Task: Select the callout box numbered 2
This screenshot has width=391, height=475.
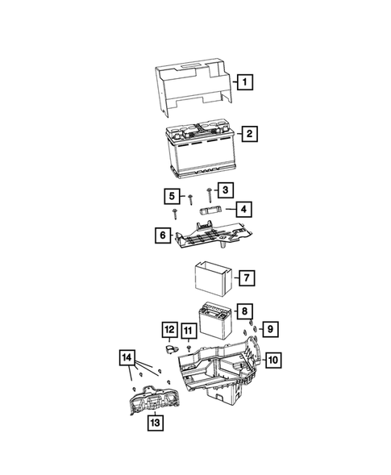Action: [x=252, y=134]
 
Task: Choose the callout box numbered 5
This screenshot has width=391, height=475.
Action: [x=171, y=195]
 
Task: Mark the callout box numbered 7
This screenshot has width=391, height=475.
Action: [x=247, y=278]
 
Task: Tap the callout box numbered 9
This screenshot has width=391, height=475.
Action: [x=270, y=328]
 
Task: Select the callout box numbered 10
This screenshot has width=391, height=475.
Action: [x=273, y=359]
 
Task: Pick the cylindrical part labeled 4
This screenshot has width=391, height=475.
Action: [x=210, y=211]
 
